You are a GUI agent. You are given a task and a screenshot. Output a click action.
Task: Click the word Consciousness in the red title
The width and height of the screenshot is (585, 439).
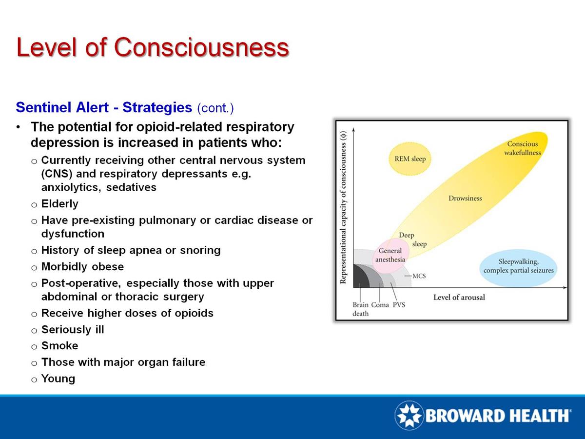202,47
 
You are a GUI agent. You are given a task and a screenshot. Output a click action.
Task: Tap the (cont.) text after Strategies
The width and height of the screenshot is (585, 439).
215,108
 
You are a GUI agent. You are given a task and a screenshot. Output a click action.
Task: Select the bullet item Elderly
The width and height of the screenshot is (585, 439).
59,203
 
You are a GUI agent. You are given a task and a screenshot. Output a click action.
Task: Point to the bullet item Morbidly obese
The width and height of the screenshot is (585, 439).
82,266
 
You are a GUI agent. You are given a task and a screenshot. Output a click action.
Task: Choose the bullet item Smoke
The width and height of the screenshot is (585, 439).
59,346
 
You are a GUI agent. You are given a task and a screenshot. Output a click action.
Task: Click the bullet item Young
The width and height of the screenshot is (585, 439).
58,379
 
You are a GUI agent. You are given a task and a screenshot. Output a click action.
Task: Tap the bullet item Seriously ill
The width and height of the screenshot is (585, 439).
73,330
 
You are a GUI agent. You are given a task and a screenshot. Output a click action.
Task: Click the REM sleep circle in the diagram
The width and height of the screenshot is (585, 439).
410,159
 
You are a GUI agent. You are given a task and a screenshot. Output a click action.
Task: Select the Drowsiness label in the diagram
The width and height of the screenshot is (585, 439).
465,199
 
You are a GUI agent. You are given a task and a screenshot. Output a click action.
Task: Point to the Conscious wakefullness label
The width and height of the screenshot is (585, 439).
523,148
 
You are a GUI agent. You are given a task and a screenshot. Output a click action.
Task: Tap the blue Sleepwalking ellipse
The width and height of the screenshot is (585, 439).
518,268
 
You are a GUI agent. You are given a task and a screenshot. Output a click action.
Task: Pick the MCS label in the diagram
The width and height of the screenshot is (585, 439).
419,276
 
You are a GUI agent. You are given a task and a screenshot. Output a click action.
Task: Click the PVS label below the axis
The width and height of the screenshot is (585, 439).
399,305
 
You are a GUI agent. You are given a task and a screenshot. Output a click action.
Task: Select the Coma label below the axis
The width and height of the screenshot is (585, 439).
380,305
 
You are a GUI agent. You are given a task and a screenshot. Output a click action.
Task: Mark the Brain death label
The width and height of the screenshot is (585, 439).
360,309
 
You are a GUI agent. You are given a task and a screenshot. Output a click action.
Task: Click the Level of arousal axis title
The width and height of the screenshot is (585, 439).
459,297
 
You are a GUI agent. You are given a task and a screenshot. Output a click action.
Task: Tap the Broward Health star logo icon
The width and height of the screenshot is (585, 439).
409,415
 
